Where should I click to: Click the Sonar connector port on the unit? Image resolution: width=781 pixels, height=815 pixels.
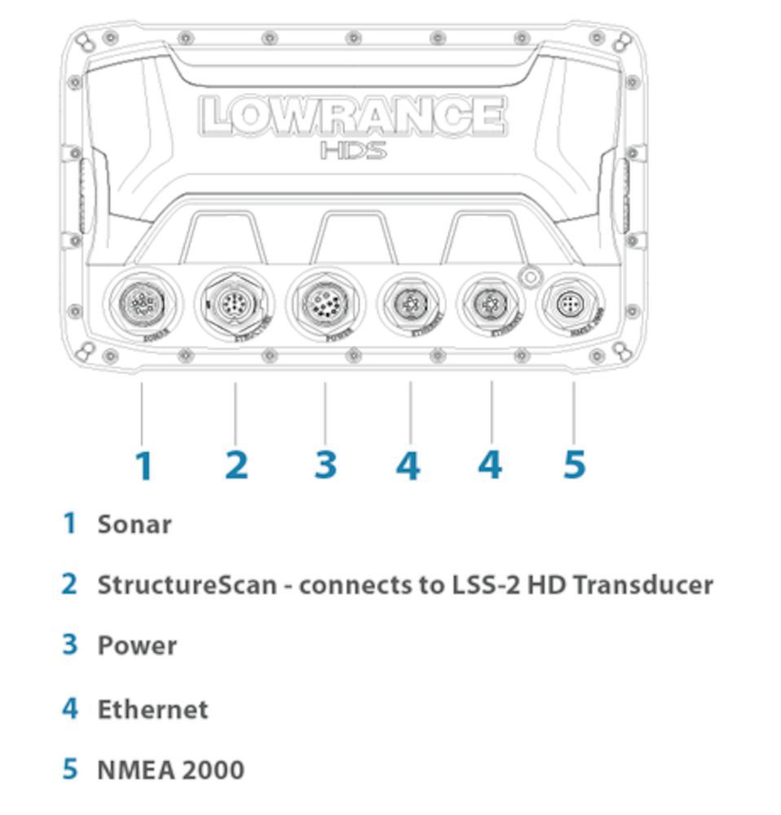pyautogui.click(x=141, y=304)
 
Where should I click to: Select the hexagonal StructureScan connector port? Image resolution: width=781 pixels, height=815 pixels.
pyautogui.click(x=236, y=304)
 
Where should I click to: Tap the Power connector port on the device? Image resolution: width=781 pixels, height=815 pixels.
pyautogui.click(x=324, y=304)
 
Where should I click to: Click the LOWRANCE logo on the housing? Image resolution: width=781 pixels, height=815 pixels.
pyautogui.click(x=352, y=116)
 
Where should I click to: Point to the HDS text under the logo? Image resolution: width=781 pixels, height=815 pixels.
pyautogui.click(x=352, y=151)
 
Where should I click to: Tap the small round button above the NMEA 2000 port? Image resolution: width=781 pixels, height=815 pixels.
pyautogui.click(x=530, y=277)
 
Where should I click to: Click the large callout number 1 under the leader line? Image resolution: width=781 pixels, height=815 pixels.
pyautogui.click(x=143, y=465)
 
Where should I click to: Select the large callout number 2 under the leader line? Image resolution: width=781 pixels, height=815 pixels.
pyautogui.click(x=236, y=465)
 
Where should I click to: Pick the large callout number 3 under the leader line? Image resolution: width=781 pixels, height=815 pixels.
pyautogui.click(x=325, y=465)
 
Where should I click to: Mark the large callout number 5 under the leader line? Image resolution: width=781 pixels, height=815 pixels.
pyautogui.click(x=574, y=465)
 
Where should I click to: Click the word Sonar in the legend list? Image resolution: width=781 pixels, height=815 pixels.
pyautogui.click(x=135, y=524)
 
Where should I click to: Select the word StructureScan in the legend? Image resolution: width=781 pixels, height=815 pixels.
pyautogui.click(x=187, y=584)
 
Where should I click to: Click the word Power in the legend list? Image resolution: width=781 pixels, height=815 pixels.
pyautogui.click(x=137, y=645)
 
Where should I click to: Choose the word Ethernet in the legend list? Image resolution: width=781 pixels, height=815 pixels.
pyautogui.click(x=152, y=709)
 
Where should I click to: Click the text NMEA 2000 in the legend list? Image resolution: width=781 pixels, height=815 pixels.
pyautogui.click(x=170, y=769)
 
